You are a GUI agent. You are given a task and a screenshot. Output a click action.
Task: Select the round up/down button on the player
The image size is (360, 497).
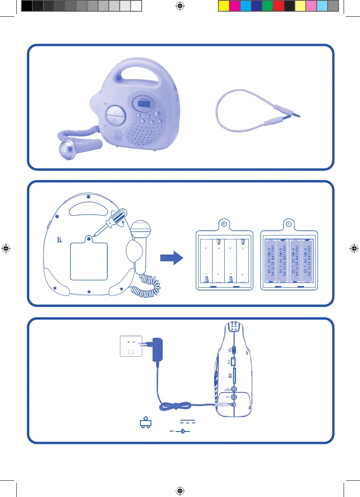pos(115,116)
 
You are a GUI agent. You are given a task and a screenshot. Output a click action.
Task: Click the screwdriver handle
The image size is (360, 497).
pos(118,215)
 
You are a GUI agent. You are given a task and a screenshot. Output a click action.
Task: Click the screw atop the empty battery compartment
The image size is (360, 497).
pos(224,224)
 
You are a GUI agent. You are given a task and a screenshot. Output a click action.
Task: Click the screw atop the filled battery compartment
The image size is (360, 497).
pos(289,224)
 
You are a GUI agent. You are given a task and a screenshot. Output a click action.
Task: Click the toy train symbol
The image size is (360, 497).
pos(145,423)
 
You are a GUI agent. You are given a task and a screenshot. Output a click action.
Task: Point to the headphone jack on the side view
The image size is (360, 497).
pos(234,389)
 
